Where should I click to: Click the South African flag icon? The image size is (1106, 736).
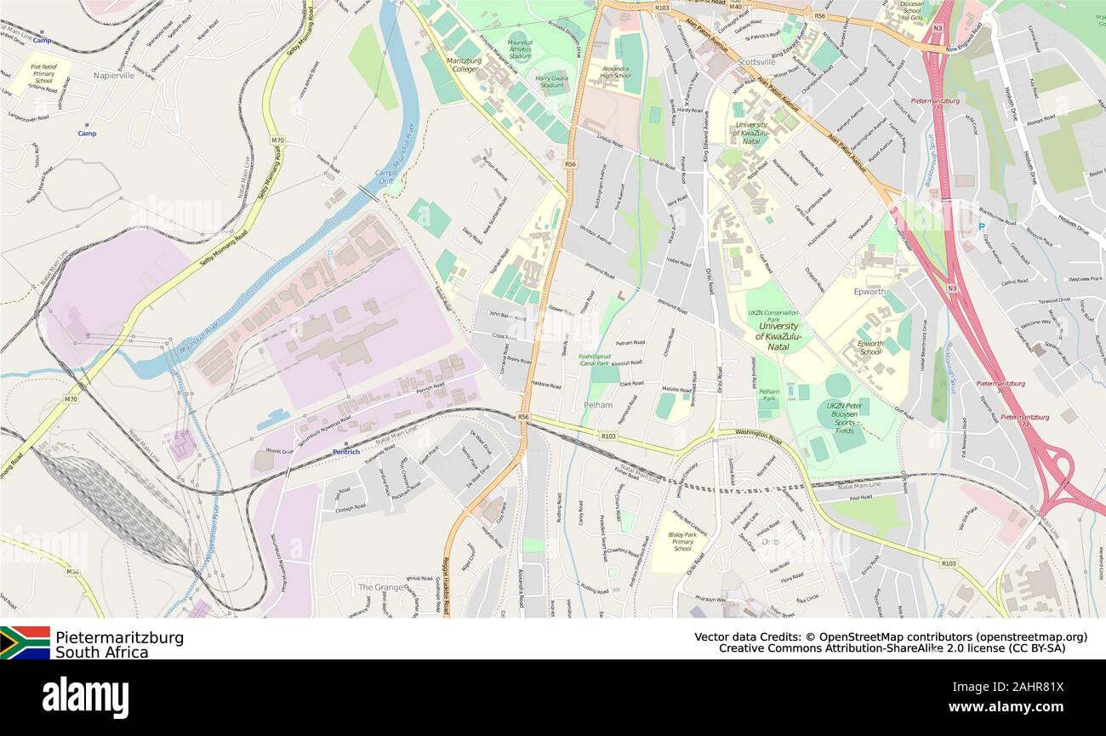click(25, 642)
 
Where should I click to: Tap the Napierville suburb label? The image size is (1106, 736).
click(114, 75)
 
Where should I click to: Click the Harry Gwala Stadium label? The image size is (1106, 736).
click(551, 81)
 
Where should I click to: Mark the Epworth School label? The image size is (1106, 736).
click(870, 347)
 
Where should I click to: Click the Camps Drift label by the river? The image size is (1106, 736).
click(386, 177)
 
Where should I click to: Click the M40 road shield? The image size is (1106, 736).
click(736, 8)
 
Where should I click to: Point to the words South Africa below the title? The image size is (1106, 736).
click(101, 653)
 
